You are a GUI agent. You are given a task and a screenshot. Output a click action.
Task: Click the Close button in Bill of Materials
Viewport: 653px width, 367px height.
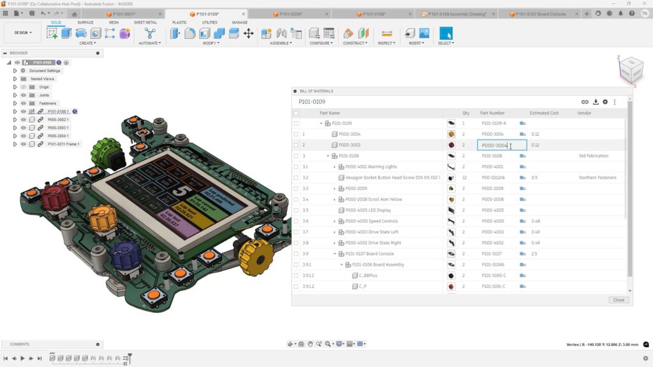[618, 299]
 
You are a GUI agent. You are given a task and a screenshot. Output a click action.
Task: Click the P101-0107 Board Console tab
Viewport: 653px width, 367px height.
[540, 13]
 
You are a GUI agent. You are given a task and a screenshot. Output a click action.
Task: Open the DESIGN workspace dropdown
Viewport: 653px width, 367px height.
[22, 32]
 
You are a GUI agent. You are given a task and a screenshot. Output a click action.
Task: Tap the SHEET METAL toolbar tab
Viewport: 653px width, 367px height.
[145, 22]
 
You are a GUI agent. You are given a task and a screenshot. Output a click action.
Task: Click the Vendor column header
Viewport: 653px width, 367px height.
[584, 113]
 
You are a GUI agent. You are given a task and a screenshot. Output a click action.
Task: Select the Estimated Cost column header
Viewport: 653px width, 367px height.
[544, 113]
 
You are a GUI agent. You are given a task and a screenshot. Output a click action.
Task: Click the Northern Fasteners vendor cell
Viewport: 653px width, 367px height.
[598, 178]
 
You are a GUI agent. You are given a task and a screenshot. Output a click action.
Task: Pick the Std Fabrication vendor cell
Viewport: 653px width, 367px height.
[594, 155]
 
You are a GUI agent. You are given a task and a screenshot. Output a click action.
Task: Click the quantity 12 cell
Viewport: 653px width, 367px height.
[464, 178]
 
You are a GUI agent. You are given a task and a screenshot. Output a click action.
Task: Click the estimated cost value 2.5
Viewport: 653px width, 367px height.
[534, 254]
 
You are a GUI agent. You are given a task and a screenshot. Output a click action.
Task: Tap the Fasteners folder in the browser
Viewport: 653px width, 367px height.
[47, 103]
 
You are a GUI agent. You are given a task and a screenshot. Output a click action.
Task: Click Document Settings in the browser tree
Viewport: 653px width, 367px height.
[45, 71]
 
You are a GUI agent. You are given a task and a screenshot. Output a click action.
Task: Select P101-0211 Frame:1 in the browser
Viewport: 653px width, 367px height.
[63, 144]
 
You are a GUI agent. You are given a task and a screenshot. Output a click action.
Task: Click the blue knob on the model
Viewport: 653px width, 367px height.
[126, 255]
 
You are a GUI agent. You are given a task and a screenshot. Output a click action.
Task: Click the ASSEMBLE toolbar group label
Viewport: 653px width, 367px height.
[281, 43]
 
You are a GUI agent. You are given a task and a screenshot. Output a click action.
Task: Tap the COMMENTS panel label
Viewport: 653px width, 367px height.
[19, 344]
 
